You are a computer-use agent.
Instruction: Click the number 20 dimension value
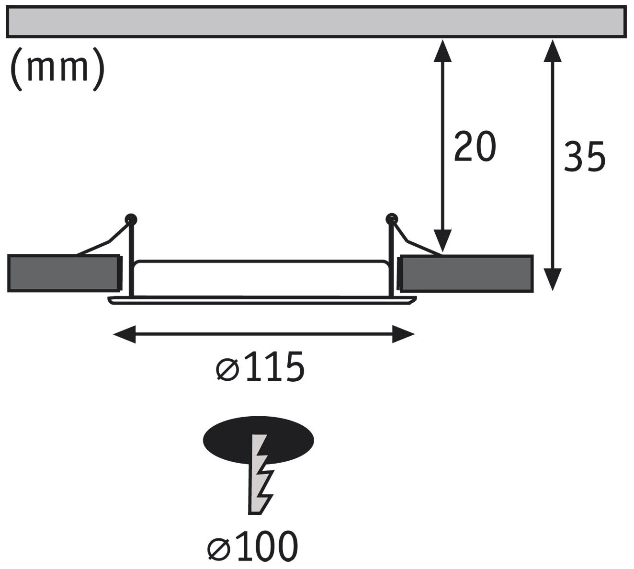click(474, 146)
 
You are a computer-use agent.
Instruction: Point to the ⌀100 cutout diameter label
click(252, 546)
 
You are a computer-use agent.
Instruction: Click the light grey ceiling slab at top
click(316, 22)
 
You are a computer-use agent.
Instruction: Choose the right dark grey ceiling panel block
click(466, 273)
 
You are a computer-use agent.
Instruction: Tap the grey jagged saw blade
click(260, 474)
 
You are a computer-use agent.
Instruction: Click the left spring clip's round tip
click(130, 218)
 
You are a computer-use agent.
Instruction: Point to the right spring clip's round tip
click(392, 218)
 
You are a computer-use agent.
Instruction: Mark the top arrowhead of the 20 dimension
click(443, 50)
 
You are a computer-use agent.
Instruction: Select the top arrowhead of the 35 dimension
click(553, 50)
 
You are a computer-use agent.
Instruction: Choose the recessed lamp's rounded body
click(261, 278)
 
